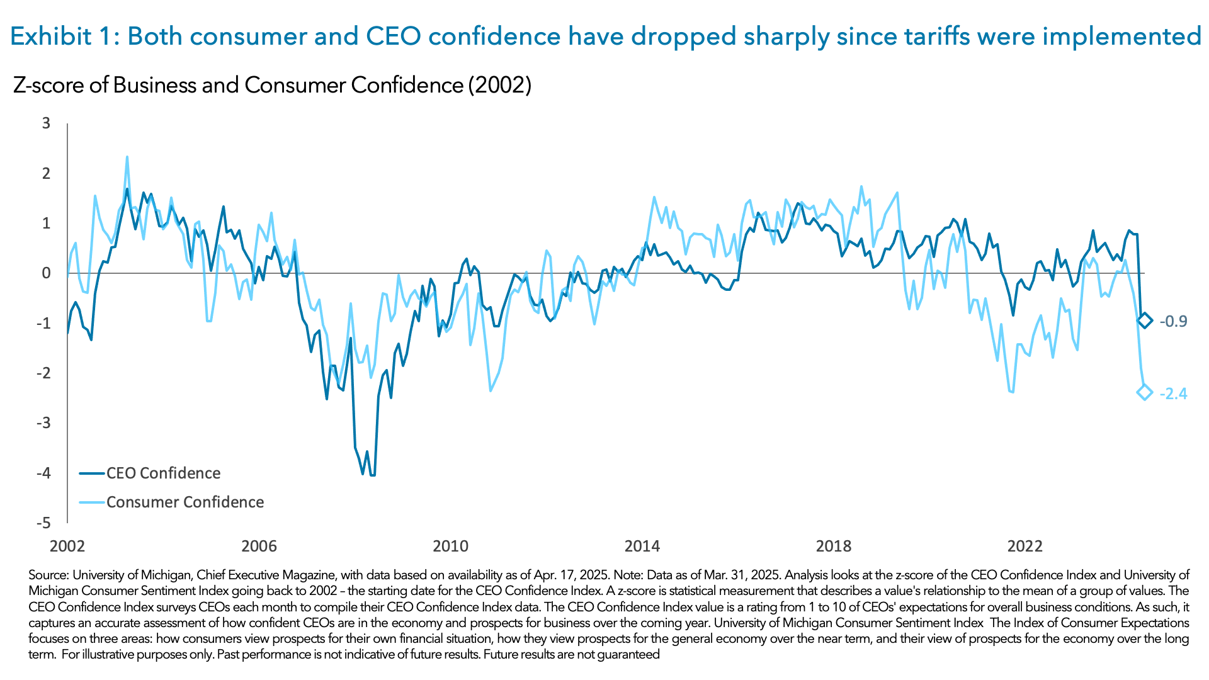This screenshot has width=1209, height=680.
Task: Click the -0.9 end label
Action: (x=1173, y=321)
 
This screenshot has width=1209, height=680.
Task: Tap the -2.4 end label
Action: (x=1173, y=394)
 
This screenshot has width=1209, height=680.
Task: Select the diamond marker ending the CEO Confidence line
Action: (x=1145, y=320)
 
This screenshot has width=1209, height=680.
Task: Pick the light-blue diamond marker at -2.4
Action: (x=1145, y=393)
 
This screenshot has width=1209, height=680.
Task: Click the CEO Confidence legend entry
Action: (x=162, y=473)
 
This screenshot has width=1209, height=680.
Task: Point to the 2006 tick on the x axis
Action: (x=259, y=546)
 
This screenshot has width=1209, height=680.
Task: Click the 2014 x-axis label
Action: (x=642, y=546)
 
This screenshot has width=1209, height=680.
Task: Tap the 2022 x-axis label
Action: (x=1025, y=546)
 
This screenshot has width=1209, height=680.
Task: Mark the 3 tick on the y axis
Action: (x=47, y=123)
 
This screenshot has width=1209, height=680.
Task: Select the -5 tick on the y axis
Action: (x=43, y=523)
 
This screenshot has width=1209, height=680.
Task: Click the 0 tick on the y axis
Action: (x=47, y=273)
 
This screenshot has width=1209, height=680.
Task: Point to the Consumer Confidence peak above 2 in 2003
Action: (x=127, y=157)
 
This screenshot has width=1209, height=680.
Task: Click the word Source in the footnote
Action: (x=48, y=575)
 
